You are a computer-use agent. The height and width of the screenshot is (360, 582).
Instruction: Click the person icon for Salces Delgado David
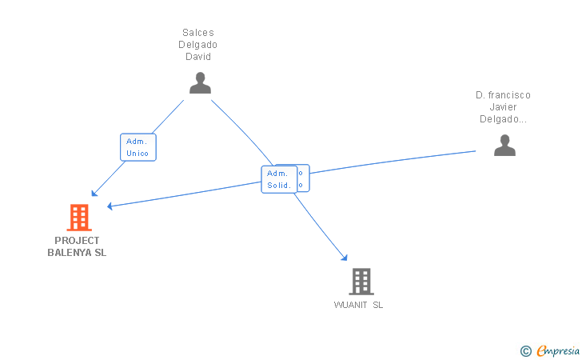(199, 82)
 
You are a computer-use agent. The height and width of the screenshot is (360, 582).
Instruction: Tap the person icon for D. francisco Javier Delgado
(504, 145)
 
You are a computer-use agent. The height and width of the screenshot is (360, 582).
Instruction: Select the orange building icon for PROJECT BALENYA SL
(78, 217)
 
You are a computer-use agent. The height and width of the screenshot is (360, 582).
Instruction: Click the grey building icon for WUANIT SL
(361, 281)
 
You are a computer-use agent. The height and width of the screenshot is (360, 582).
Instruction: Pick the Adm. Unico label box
(138, 147)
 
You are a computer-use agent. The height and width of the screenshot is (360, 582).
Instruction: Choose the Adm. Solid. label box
(278, 179)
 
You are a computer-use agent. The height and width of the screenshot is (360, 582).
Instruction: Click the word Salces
(198, 33)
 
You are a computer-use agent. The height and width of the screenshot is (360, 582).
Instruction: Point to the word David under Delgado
(198, 57)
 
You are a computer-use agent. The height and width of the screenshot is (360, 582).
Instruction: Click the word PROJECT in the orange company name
(77, 241)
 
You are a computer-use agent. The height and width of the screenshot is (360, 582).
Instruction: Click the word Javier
(503, 107)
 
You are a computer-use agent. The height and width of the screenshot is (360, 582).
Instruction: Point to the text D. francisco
(503, 95)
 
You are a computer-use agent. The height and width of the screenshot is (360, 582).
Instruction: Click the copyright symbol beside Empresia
(525, 350)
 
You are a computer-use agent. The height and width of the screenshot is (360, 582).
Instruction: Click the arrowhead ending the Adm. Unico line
(94, 194)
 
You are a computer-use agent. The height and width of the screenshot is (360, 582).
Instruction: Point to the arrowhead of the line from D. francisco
(110, 206)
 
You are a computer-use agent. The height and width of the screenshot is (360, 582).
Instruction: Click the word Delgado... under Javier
(503, 119)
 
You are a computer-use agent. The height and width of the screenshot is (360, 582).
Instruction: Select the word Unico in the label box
(138, 153)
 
